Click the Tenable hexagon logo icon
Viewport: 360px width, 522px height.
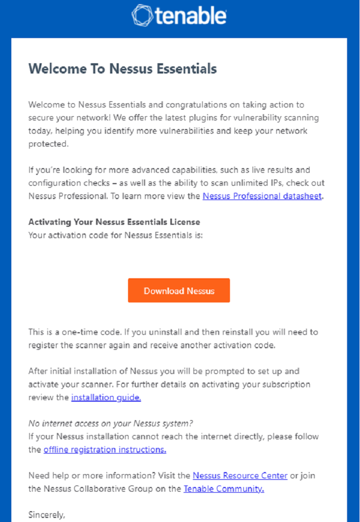(142, 15)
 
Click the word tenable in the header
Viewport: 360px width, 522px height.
(190, 16)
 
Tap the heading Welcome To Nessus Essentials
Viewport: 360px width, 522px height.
(122, 69)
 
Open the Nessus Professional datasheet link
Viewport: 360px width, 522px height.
(262, 196)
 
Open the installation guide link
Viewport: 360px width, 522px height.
(106, 398)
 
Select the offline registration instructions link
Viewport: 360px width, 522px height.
(105, 449)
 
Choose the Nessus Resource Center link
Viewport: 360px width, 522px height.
(240, 476)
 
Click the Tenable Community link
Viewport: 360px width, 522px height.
(224, 489)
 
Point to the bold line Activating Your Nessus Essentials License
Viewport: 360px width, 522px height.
(114, 222)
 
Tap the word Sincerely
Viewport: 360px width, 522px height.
(47, 514)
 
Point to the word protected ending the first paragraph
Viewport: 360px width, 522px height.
(47, 145)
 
